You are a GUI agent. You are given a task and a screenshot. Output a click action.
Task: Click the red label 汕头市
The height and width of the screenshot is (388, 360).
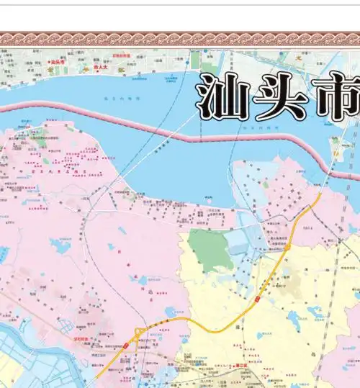(58, 63)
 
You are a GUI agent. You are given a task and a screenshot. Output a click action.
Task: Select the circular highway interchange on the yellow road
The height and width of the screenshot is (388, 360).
(137, 334)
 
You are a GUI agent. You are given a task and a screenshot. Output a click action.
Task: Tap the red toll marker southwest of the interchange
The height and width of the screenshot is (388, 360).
(125, 346)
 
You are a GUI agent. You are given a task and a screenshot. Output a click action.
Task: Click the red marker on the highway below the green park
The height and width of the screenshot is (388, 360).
(257, 297)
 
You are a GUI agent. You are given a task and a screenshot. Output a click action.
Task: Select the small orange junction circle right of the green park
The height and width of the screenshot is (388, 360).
(287, 247)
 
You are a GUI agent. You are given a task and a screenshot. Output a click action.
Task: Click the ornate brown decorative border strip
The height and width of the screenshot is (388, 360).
(180, 38)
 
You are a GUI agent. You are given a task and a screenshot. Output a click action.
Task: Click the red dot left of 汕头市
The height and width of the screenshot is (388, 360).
(48, 63)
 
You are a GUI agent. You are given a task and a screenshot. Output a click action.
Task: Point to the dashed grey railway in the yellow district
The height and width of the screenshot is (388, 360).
(328, 317)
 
